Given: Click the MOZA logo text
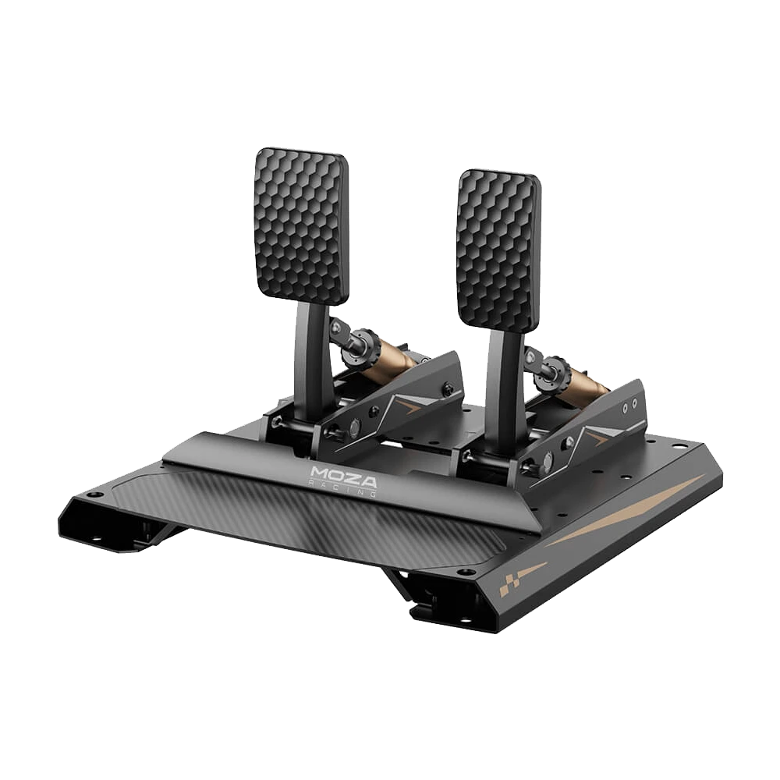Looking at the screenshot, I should click(343, 473).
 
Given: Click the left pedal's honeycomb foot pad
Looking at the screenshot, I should click(299, 224).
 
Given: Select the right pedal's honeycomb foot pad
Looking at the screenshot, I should click(498, 249).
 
